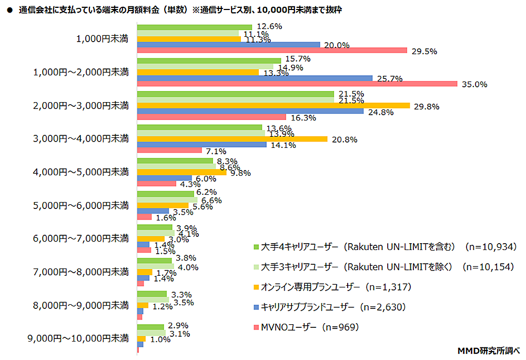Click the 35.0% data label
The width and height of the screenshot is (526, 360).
point(474,84)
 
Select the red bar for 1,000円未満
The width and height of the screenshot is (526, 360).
point(272,51)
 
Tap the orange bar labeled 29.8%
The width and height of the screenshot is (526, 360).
point(273,105)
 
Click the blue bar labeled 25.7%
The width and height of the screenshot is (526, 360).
point(255,78)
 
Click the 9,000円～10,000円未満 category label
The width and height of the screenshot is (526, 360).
point(78,338)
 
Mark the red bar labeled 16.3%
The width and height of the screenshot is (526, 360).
point(211,117)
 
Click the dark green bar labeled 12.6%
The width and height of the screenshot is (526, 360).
point(194,26)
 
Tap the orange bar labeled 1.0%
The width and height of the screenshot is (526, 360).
point(141,338)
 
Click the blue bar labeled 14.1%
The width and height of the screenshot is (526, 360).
point(201,145)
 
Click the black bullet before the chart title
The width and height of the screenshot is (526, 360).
point(9,9)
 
